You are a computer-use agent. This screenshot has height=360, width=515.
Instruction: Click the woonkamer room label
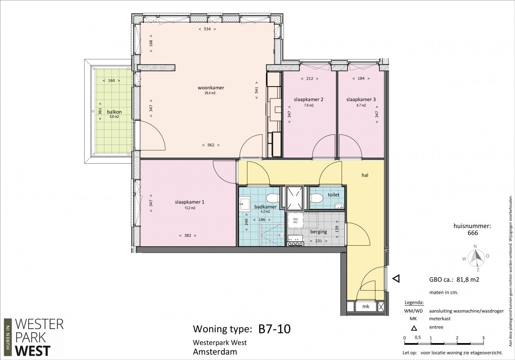tap(211, 88)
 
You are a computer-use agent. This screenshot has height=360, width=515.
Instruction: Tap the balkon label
tap(114, 112)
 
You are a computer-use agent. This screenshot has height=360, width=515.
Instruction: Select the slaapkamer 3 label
tap(361, 99)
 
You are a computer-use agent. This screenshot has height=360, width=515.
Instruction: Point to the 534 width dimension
tap(207, 29)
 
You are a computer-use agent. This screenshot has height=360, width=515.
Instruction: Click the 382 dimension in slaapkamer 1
tap(187, 235)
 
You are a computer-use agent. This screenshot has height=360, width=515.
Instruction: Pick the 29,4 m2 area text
tap(210, 93)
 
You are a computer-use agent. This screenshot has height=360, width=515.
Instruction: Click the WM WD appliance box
tap(295, 220)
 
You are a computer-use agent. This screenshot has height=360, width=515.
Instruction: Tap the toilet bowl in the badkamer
tap(273, 198)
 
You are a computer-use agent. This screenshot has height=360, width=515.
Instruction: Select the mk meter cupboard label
tap(366, 307)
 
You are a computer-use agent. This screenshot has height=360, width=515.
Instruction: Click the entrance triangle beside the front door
tap(396, 279)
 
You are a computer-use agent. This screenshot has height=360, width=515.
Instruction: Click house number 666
tap(473, 233)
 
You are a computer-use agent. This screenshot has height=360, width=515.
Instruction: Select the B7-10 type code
tap(274, 329)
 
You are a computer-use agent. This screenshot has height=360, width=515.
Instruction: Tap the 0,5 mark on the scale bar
tap(418, 337)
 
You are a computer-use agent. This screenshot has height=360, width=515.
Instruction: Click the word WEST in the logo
tap(33, 351)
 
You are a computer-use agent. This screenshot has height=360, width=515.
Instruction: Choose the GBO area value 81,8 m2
tap(468, 280)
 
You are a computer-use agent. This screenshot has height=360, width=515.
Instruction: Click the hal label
tap(365, 175)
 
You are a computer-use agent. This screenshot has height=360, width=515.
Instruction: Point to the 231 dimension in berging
tap(318, 241)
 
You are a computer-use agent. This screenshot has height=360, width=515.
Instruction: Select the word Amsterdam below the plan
tap(215, 352)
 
